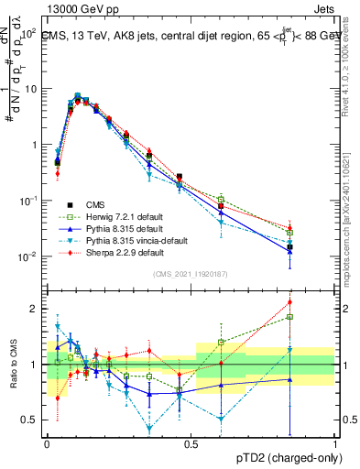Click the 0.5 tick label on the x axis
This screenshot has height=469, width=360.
point(191,443)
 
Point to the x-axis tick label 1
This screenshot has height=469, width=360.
point(335,443)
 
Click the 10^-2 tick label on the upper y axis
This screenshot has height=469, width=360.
point(28,256)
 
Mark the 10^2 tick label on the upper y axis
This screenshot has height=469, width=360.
point(28,33)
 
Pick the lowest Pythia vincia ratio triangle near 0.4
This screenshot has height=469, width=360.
point(149,428)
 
